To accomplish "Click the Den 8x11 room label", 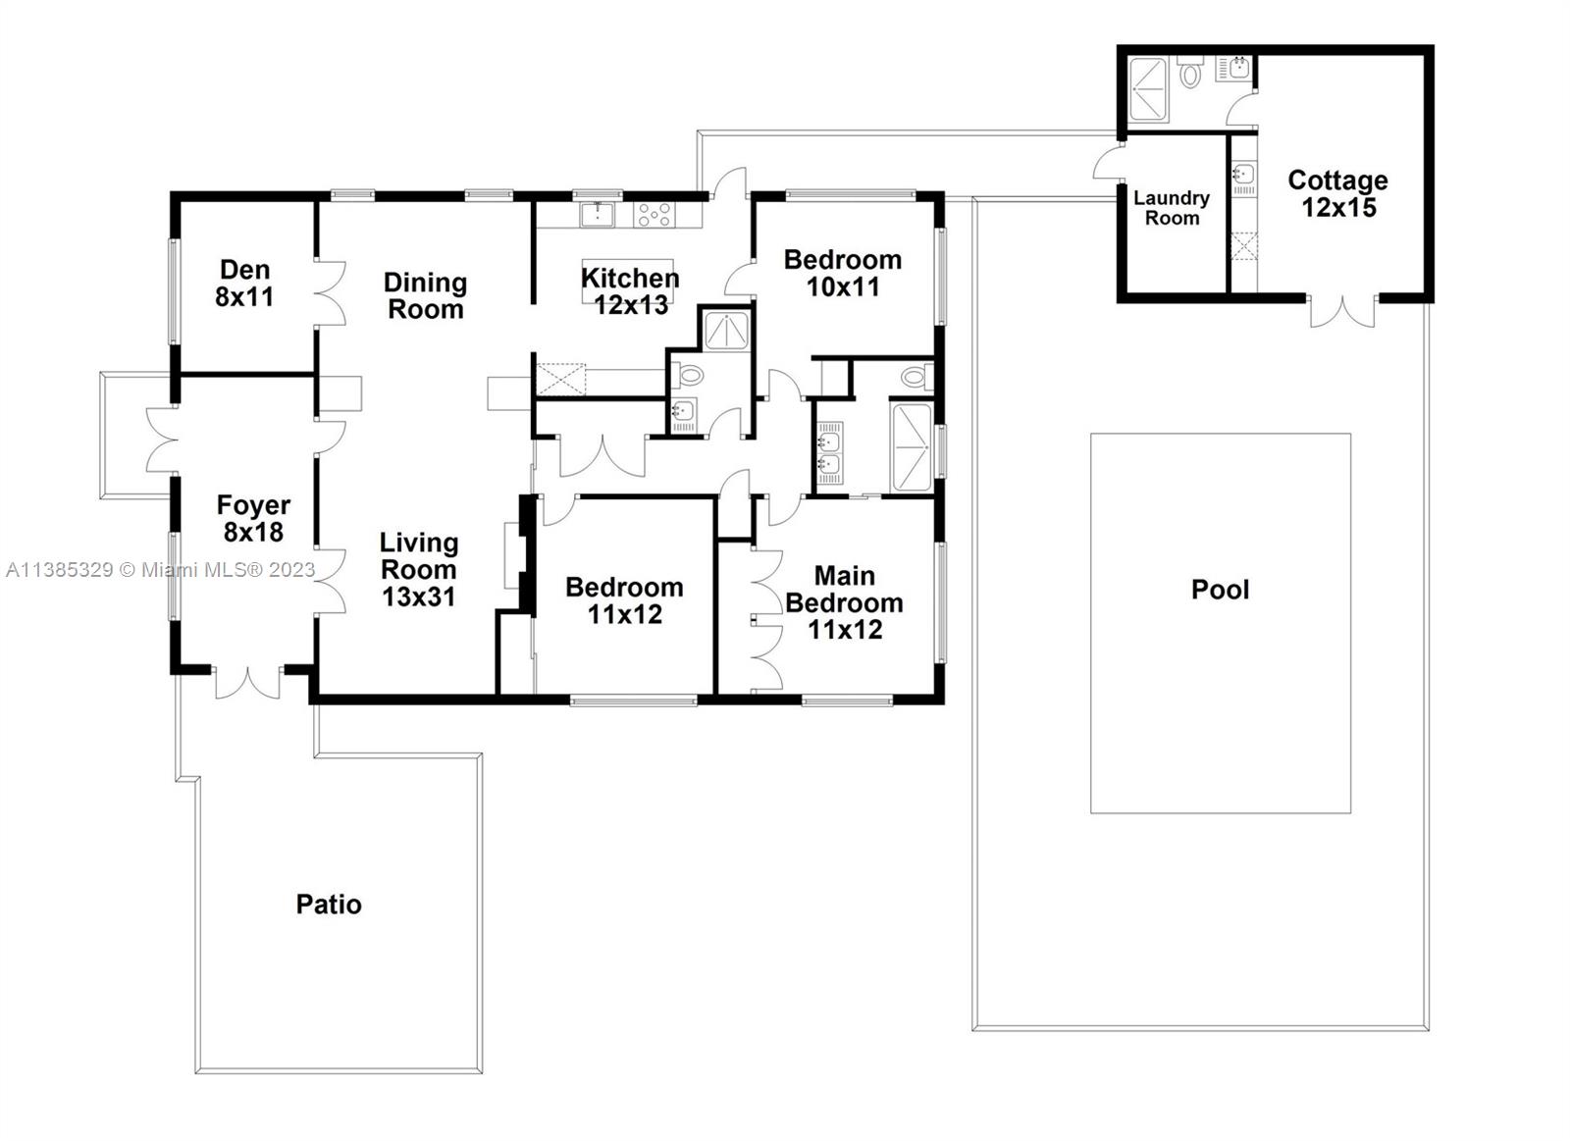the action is click(x=244, y=284).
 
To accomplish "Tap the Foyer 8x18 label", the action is click(x=253, y=519).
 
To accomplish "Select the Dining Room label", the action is click(x=426, y=295).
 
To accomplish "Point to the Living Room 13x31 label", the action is click(x=419, y=569).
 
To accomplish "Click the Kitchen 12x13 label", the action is click(x=630, y=291).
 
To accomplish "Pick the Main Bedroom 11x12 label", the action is click(x=845, y=602).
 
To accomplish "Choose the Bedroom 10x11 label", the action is click(x=843, y=274).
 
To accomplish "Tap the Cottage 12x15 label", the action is click(x=1338, y=193).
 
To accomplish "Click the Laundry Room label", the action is click(x=1172, y=208).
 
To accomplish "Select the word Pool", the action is click(x=1221, y=590).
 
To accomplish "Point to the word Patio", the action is click(x=329, y=905).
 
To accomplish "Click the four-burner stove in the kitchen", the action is click(x=654, y=215).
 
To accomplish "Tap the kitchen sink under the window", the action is click(x=597, y=215).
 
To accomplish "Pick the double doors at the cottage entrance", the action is click(x=1343, y=312).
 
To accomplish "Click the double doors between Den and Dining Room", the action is click(x=330, y=293).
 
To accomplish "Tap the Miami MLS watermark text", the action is click(x=161, y=570).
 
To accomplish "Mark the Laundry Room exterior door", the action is click(x=1109, y=161).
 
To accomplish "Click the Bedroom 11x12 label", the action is click(x=624, y=600).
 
